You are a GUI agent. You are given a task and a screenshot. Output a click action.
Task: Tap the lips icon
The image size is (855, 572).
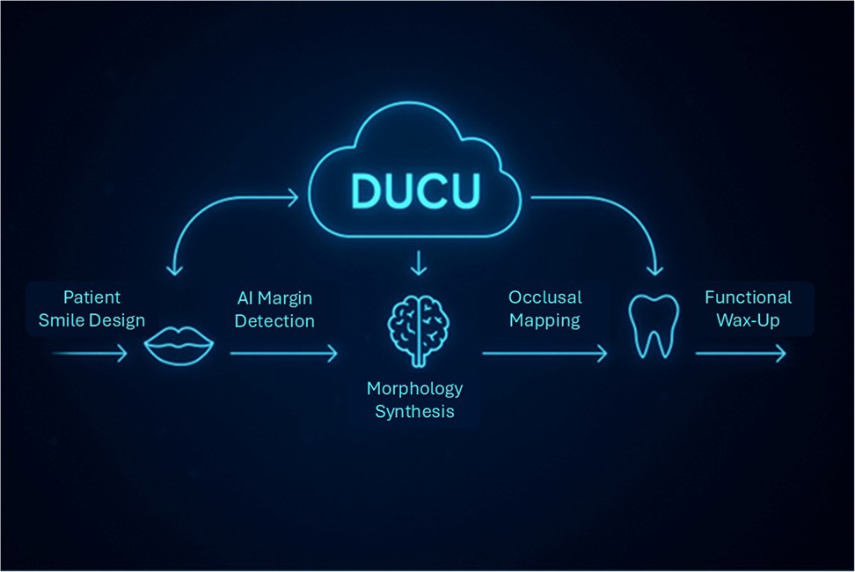click(179, 345)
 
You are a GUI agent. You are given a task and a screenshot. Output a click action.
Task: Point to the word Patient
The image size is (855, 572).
click(91, 297)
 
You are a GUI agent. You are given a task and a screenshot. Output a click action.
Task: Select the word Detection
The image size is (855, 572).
click(274, 321)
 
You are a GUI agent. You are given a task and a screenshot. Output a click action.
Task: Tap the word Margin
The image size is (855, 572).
click(285, 298)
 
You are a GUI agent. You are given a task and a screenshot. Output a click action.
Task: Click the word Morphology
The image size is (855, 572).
click(415, 388)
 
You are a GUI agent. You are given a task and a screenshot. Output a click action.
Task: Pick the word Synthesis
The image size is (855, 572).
click(415, 411)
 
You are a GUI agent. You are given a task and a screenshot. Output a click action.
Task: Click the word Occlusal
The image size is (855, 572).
click(545, 297)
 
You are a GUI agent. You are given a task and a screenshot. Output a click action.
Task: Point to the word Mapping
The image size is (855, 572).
click(545, 320)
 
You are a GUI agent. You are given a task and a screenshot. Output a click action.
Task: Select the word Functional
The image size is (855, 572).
click(748, 297)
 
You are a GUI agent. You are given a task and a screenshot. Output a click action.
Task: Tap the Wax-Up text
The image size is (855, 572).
click(748, 320)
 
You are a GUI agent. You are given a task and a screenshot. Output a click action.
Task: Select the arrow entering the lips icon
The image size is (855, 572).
click(90, 354)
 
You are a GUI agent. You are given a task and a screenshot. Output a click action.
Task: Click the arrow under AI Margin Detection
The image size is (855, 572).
click(283, 354)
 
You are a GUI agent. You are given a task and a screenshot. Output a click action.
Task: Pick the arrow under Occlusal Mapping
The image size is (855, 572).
click(544, 354)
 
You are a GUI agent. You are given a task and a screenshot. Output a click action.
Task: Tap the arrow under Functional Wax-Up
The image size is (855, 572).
click(741, 354)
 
